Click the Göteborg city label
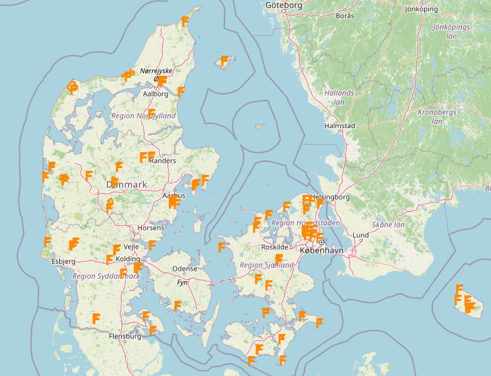pyautogui.click(x=283, y=6)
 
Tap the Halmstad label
pyautogui.click(x=339, y=126)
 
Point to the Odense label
pyautogui.click(x=185, y=269)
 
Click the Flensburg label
pyautogui.click(x=125, y=336)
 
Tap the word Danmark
pyautogui.click(x=127, y=185)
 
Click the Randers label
pyautogui.click(x=163, y=160)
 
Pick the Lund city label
pyautogui.click(x=361, y=236)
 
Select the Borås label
pyautogui.click(x=345, y=15)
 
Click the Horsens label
pyautogui.click(x=151, y=227)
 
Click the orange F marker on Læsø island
pyautogui.click(x=223, y=61)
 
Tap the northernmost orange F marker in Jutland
pyautogui.click(x=185, y=21)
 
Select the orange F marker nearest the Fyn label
pyautogui.click(x=177, y=305)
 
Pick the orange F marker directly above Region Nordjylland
pyautogui.click(x=152, y=112)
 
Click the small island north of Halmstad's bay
pyautogui.click(x=259, y=126)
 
